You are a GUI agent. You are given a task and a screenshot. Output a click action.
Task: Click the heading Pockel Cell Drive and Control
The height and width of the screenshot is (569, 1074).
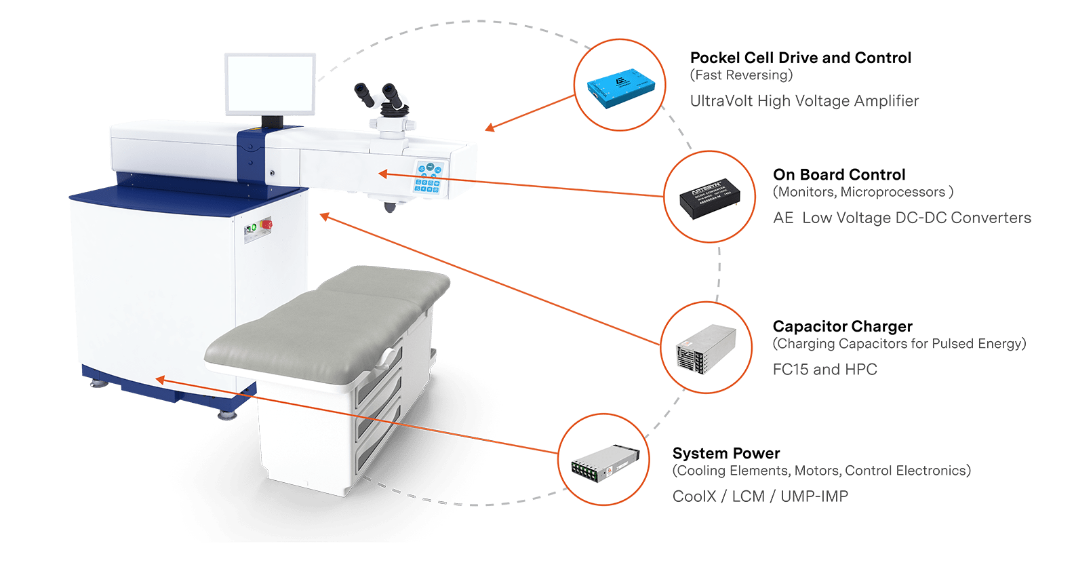tap(800, 58)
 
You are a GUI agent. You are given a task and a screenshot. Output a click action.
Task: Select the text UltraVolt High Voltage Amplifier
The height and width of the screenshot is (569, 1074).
tap(804, 101)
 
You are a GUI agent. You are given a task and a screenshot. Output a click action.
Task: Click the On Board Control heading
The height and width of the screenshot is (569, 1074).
tap(839, 175)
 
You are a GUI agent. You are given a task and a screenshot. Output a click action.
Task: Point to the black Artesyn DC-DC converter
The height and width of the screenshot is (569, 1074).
tap(708, 197)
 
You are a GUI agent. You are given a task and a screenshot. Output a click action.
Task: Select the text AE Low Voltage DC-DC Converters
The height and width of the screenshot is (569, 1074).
tap(902, 218)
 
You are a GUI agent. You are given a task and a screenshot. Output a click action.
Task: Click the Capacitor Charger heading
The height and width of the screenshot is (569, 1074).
tap(842, 327)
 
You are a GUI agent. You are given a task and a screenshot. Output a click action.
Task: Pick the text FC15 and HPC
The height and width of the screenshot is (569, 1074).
tap(824, 370)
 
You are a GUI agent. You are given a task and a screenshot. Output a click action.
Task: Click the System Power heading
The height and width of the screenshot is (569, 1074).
tap(725, 454)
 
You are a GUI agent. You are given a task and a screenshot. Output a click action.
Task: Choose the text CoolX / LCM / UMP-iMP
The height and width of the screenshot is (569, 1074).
tap(759, 496)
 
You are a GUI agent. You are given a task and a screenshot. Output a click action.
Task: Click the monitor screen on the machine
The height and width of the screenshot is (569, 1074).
tap(271, 85)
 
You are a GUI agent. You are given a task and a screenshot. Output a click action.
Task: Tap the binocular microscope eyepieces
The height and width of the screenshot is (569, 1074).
tap(381, 96)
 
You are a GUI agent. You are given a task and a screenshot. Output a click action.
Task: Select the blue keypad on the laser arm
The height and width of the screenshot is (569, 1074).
tap(429, 178)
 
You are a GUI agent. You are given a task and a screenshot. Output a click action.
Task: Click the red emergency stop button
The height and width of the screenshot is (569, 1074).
tap(267, 224)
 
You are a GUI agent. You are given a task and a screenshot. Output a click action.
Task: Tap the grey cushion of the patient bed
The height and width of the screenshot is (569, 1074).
tap(325, 319)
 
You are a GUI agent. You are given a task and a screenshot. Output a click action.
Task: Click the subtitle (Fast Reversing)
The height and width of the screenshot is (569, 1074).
tap(741, 75)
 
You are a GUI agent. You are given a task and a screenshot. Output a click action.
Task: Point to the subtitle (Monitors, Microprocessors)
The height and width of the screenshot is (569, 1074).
tap(862, 193)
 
